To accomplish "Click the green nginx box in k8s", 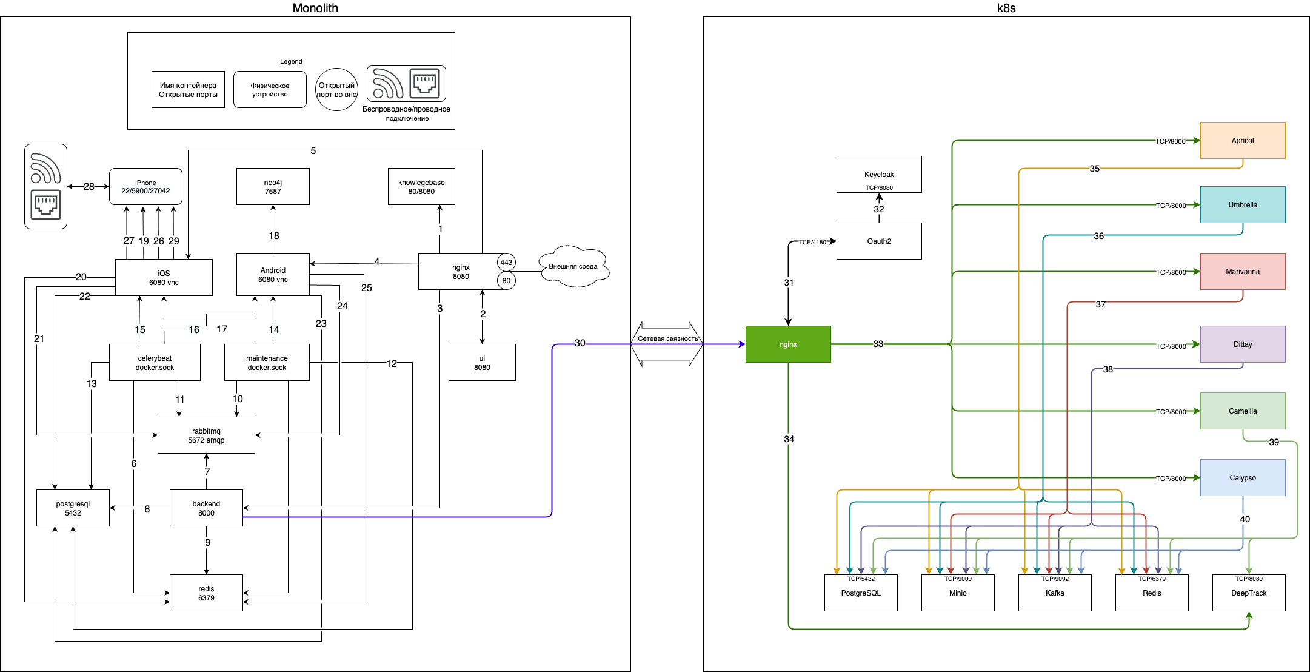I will (788, 344).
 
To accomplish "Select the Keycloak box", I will (879, 175).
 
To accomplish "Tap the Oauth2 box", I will (879, 241).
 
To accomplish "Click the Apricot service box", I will (1243, 140).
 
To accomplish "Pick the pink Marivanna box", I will (1243, 271).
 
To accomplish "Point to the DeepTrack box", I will (1249, 593).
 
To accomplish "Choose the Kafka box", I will (1055, 593).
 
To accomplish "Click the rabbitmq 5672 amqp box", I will (206, 435).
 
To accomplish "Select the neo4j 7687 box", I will (273, 187).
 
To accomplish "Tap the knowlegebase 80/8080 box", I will (421, 187).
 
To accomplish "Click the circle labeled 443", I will (506, 263).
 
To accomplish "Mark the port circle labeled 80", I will (506, 281).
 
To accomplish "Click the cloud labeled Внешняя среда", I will (573, 266).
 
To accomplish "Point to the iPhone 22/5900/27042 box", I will (145, 187).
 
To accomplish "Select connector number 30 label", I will (580, 343).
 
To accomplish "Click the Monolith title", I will (315, 8).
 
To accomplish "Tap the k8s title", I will (1006, 8).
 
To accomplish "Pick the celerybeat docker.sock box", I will (155, 363).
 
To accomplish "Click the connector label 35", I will (1094, 169).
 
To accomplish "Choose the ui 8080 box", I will (482, 363).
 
